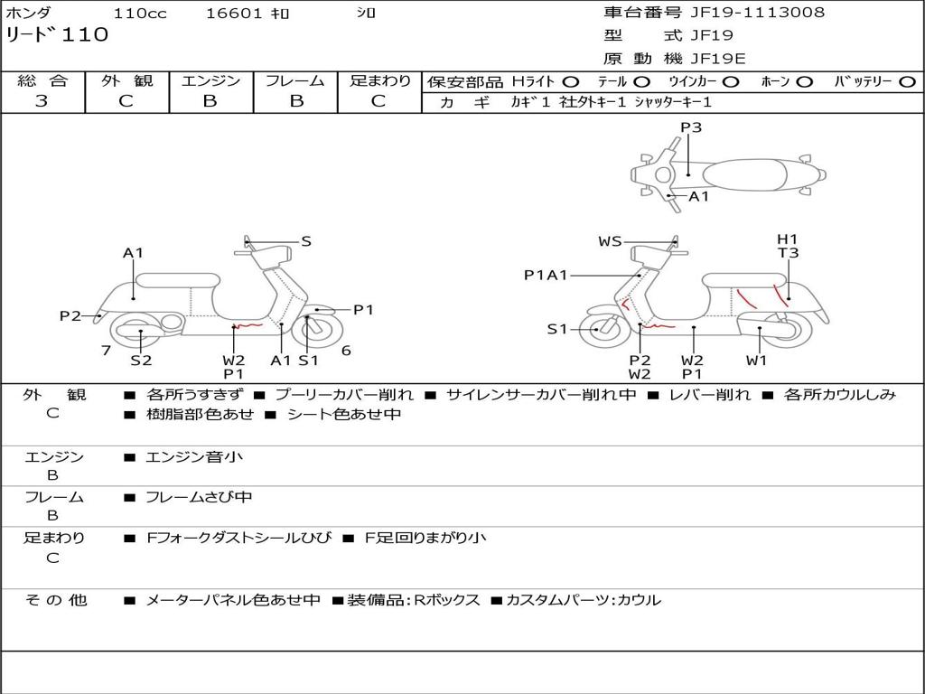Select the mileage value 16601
pos(234,14)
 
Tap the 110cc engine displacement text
pos(139,14)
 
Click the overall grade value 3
pos(42,101)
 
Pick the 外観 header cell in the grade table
pos(126,81)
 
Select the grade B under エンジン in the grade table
pos(210,101)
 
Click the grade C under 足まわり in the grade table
pos(378,101)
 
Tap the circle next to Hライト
pos(571,82)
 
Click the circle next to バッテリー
pos(907,82)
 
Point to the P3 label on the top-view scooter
pos(691,127)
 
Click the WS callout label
pos(610,241)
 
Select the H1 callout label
pos(788,239)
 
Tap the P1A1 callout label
pos(546,276)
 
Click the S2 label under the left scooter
pos(141,360)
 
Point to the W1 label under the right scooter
pos(756,360)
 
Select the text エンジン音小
pos(194,457)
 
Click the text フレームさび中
pos(200,497)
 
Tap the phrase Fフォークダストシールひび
pos(241,538)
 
